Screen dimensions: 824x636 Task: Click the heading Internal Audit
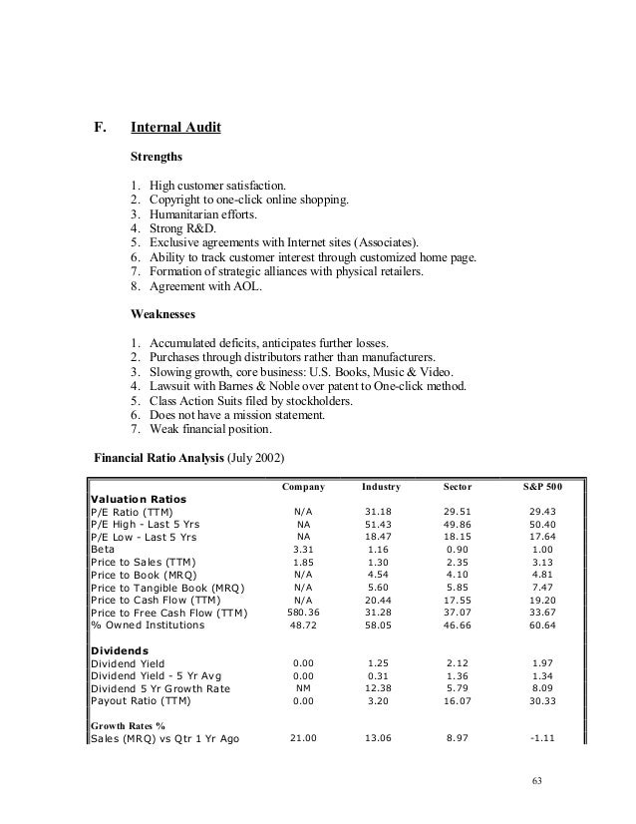(175, 128)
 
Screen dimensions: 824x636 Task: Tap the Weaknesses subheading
(163, 312)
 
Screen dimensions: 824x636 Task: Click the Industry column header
(381, 487)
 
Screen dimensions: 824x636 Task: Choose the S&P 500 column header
(542, 487)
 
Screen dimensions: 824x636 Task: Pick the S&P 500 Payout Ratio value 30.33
(542, 701)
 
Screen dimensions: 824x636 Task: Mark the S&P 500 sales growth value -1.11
(542, 740)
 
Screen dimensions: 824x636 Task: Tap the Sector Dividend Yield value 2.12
(460, 662)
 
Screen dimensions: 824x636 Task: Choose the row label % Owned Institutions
(147, 625)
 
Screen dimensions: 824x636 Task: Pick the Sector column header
(460, 487)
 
